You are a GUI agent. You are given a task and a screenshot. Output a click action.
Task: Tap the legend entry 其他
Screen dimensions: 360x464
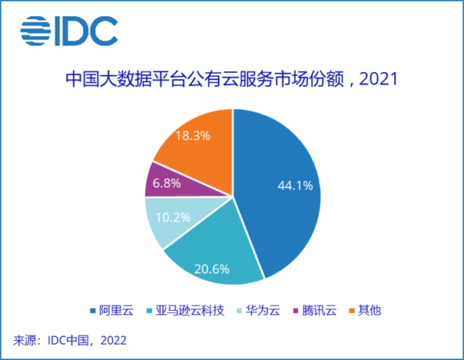369,311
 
